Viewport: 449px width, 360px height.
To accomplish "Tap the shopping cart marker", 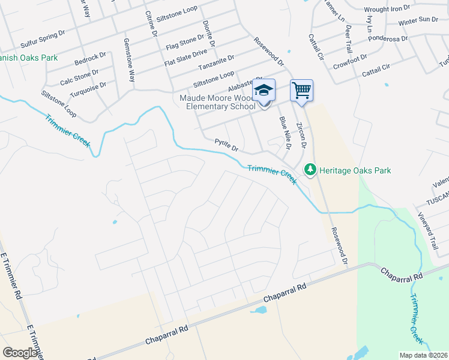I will click(301, 91).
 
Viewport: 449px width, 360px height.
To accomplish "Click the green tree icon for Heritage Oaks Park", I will click(310, 170).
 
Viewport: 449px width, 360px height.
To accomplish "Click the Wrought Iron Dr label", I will click(387, 8).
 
